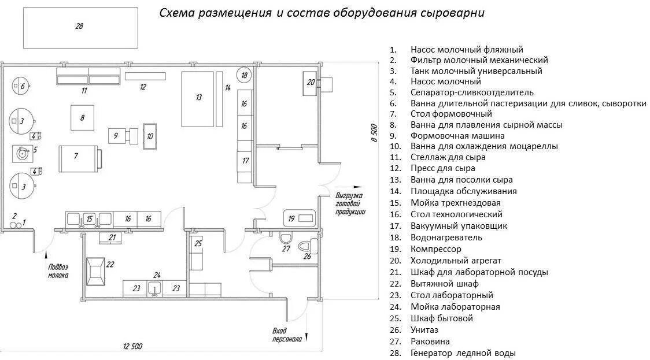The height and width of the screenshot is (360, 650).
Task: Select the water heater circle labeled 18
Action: (245, 75)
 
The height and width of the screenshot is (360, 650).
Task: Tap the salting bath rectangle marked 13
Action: (198, 98)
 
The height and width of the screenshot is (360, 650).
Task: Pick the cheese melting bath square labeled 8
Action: (83, 118)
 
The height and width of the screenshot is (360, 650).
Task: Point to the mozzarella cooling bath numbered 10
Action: (150, 136)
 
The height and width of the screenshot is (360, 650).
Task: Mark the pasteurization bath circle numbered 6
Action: (21, 87)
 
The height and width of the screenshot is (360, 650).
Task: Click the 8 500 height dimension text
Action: (374, 133)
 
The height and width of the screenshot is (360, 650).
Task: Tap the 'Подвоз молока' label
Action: (58, 271)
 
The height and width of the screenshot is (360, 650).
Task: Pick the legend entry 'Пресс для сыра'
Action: (443, 168)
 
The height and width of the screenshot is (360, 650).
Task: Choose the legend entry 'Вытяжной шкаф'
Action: (445, 284)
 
